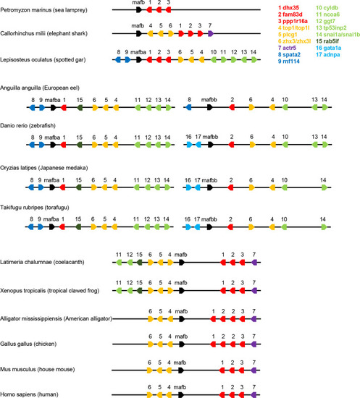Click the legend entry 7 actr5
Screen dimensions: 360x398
(x=287, y=48)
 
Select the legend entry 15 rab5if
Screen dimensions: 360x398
(x=327, y=41)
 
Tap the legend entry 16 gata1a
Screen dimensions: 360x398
(x=328, y=48)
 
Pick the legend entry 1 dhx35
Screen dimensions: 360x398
(x=288, y=8)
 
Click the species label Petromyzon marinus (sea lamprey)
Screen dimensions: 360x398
(x=43, y=10)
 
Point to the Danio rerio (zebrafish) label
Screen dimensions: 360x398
(x=28, y=126)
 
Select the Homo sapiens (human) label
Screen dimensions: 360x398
(x=29, y=394)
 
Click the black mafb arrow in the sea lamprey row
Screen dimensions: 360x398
(x=139, y=10)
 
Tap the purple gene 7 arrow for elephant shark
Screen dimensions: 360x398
(x=211, y=33)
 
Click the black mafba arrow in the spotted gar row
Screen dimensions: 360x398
(x=139, y=59)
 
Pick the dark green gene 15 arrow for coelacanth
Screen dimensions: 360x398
(x=139, y=262)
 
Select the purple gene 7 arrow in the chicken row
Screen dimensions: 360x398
(x=254, y=344)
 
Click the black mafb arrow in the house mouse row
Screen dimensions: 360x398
(x=180, y=371)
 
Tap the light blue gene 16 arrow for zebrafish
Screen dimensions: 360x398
(x=189, y=145)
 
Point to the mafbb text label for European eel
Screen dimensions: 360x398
(x=209, y=100)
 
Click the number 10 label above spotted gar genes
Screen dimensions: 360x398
(x=214, y=52)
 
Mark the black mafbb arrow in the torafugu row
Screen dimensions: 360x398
(x=209, y=227)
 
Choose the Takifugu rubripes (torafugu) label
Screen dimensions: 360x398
(x=35, y=208)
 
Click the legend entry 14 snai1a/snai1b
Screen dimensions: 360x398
(x=338, y=35)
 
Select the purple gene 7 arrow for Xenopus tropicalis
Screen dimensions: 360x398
(x=254, y=291)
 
